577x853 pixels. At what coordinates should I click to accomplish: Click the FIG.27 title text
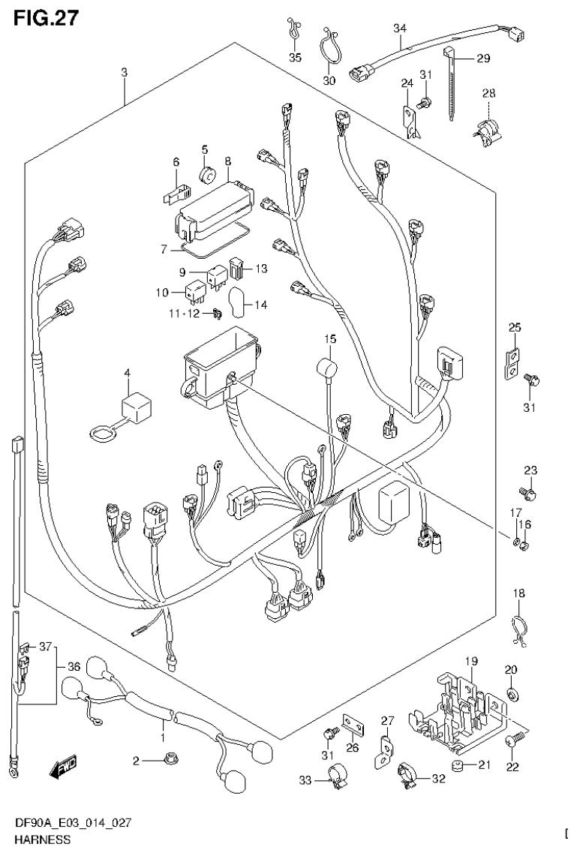[44, 17]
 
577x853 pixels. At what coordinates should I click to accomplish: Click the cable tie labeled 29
[452, 83]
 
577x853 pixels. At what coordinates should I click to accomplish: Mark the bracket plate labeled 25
[514, 361]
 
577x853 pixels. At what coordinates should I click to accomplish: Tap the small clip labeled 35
[293, 30]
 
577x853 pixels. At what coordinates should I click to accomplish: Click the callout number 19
[470, 660]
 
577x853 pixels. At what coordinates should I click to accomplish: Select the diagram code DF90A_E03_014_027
[74, 823]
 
